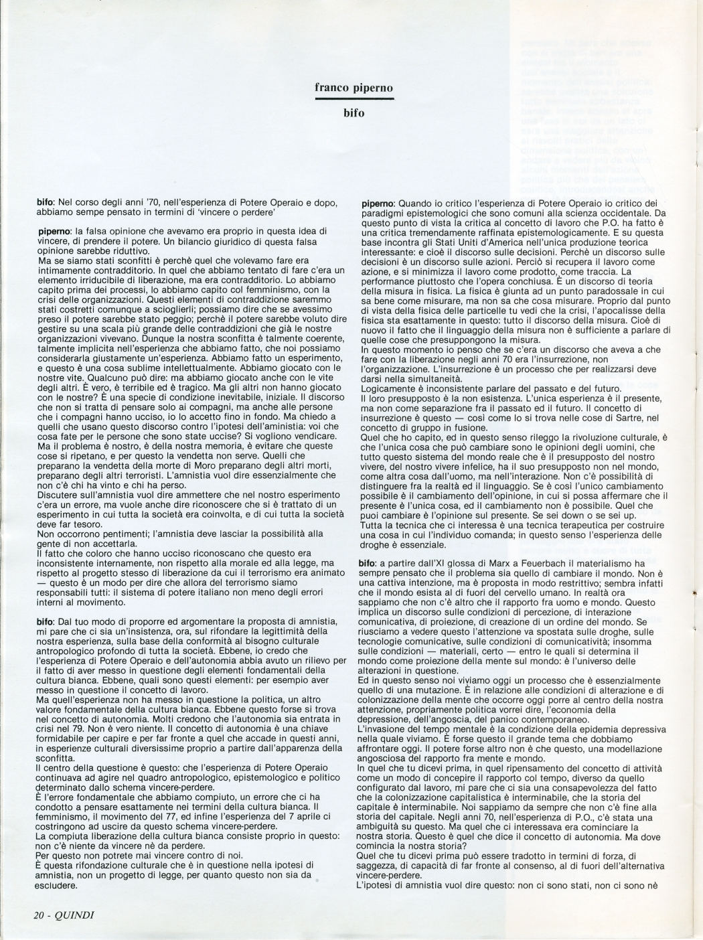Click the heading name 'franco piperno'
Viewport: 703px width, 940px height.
354,88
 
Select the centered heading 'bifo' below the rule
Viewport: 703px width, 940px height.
354,113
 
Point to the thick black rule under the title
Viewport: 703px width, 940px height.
354,99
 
